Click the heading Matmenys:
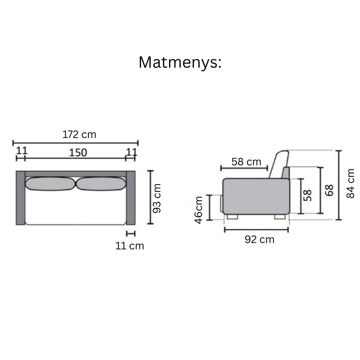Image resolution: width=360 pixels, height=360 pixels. click(x=180, y=63)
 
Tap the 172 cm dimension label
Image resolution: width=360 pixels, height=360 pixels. click(x=79, y=135)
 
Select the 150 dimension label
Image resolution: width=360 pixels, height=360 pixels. click(x=78, y=153)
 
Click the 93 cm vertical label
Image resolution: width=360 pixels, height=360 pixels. click(x=157, y=198)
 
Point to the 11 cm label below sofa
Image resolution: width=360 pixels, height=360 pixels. click(x=130, y=246)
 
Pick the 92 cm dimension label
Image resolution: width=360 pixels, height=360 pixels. click(x=259, y=239)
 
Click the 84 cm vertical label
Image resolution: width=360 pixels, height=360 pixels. click(x=351, y=183)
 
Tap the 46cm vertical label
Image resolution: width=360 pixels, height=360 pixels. click(x=199, y=210)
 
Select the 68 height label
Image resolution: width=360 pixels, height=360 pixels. click(x=329, y=190)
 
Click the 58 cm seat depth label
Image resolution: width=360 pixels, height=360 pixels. click(x=246, y=162)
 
